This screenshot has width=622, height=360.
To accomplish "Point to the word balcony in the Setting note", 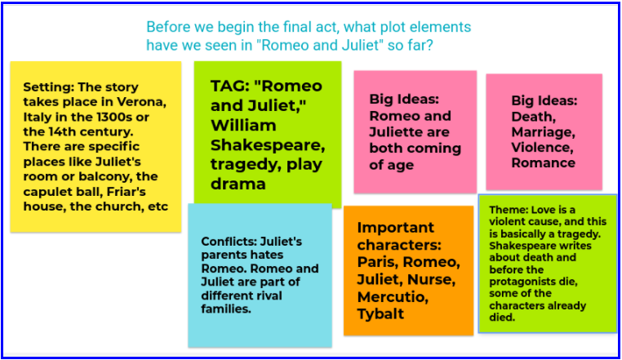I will pyautogui.click(x=113, y=176).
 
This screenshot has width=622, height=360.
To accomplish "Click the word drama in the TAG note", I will pyautogui.click(x=233, y=184).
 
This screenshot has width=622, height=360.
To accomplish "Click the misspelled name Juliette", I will pyautogui.click(x=400, y=132).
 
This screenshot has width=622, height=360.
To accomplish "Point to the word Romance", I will pyautogui.click(x=544, y=162).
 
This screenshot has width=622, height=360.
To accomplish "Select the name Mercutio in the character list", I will pyautogui.click(x=393, y=297).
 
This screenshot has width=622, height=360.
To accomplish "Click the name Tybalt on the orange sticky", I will pyautogui.click(x=381, y=315).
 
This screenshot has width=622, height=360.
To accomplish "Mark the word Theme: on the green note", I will pyautogui.click(x=508, y=210).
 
